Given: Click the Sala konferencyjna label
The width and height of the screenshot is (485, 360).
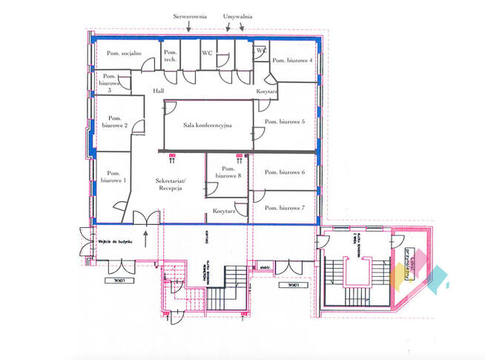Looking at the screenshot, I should pyautogui.click(x=208, y=125).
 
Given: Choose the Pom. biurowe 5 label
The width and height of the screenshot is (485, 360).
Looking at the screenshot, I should pyautogui.click(x=285, y=121).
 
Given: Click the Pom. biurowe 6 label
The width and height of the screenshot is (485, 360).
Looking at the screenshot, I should pyautogui.click(x=285, y=171).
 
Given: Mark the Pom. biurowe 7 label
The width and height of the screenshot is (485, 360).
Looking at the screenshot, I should pyautogui.click(x=285, y=207).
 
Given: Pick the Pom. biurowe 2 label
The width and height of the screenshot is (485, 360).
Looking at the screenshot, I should pyautogui.click(x=115, y=122).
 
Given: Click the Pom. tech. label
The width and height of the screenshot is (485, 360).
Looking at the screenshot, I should pyautogui.click(x=171, y=56).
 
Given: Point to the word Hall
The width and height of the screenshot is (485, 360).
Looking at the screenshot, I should pyautogui.click(x=158, y=90).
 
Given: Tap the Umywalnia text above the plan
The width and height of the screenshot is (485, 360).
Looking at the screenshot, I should pyautogui.click(x=237, y=15).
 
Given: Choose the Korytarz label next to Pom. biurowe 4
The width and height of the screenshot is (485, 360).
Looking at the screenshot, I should pyautogui.click(x=266, y=91).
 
